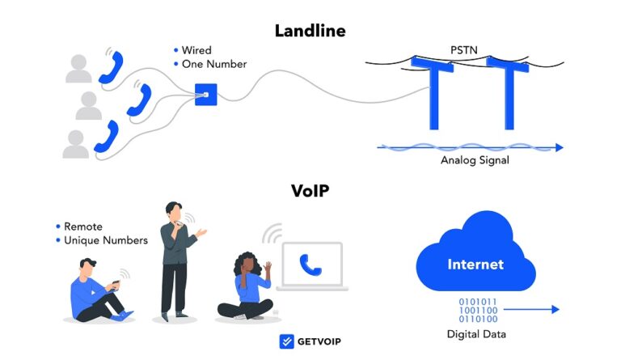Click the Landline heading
(x=310, y=31)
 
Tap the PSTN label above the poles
(x=464, y=50)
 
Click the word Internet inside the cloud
(x=475, y=265)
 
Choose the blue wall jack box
(x=207, y=95)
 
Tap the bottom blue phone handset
(x=106, y=136)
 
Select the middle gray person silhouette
(x=89, y=106)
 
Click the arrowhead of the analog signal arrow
(x=559, y=147)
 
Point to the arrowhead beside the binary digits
(x=555, y=309)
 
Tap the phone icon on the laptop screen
(x=310, y=263)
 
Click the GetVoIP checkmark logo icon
(x=286, y=341)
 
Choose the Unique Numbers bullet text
(x=106, y=240)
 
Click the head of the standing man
(x=175, y=210)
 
